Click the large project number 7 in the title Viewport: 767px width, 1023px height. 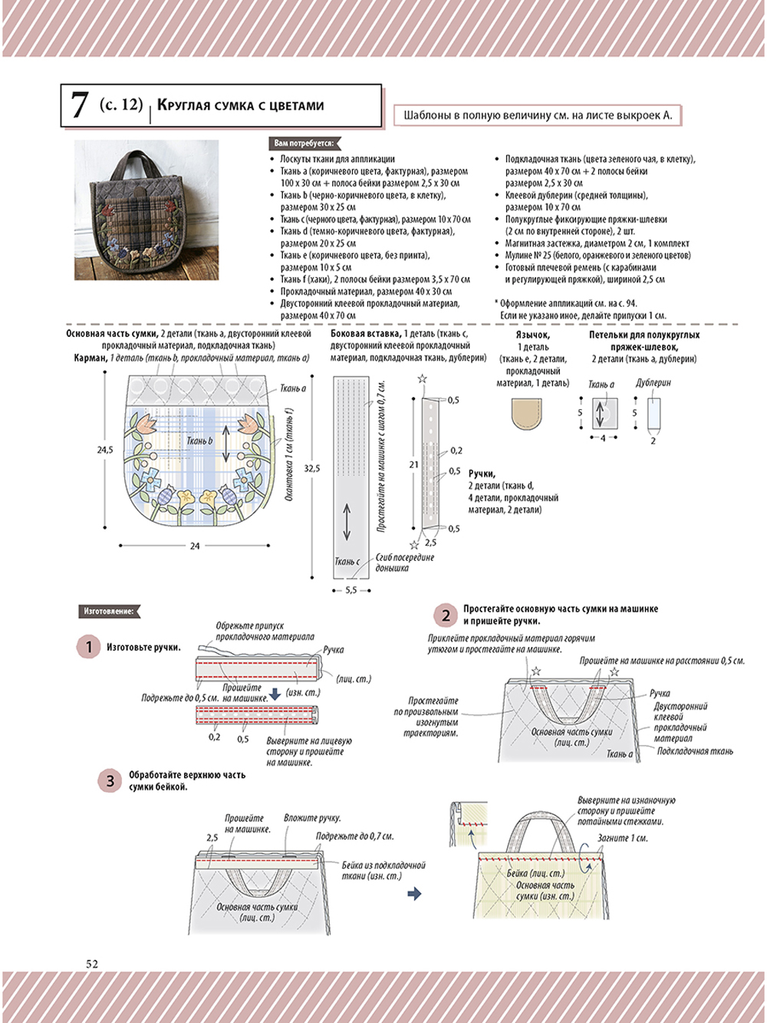click(x=79, y=106)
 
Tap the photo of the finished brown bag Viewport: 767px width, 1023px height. click(x=146, y=210)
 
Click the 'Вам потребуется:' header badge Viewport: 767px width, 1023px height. click(x=304, y=144)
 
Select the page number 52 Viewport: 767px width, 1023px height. click(x=92, y=964)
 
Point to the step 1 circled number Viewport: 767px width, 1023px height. click(x=88, y=647)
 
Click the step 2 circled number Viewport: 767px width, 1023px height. click(x=446, y=615)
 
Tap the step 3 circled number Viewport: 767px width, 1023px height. click(x=110, y=780)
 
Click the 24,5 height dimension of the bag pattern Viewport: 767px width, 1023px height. click(x=105, y=450)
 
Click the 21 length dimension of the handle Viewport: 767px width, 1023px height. click(x=413, y=464)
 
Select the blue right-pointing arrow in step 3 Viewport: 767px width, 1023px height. click(x=414, y=893)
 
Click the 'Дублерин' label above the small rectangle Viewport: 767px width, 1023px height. click(x=653, y=383)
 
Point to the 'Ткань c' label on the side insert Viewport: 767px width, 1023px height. click(x=347, y=562)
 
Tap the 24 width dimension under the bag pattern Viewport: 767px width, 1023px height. click(x=195, y=546)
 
